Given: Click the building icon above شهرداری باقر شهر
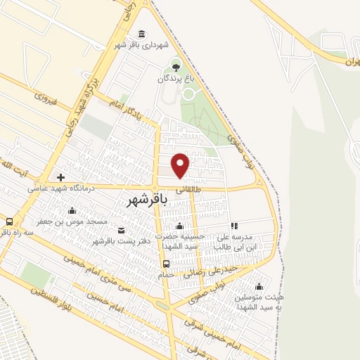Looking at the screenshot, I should coord(143,34).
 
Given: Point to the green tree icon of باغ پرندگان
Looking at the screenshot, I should coord(175,69).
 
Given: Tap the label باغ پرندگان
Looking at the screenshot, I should coord(175,79).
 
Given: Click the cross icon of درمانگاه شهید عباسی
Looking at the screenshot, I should coord(60,178).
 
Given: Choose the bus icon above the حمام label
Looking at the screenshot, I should coord(166,264).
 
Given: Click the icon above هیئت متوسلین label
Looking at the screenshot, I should coord(259,286).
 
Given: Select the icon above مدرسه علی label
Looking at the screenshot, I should coord(234,226).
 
